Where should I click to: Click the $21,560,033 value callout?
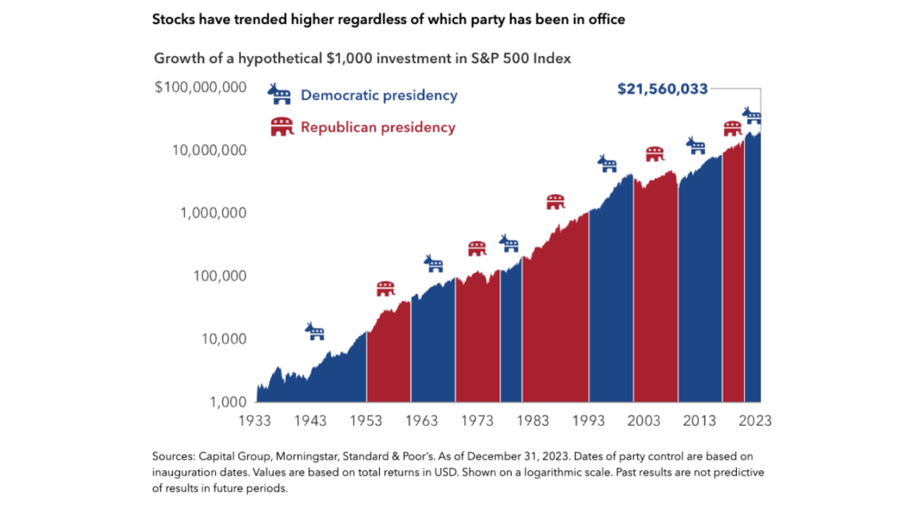pyautogui.click(x=663, y=89)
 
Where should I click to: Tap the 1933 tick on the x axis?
pyautogui.click(x=258, y=421)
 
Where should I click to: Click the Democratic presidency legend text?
pyautogui.click(x=379, y=95)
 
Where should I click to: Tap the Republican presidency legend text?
pyautogui.click(x=378, y=127)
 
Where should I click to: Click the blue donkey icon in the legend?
pyautogui.click(x=280, y=94)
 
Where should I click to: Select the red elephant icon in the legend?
pyautogui.click(x=282, y=127)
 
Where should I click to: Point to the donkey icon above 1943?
pyautogui.click(x=315, y=332)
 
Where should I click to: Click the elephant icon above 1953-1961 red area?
pyautogui.click(x=385, y=289)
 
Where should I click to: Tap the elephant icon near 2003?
pyautogui.click(x=655, y=154)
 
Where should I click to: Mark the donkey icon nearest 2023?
pyautogui.click(x=752, y=116)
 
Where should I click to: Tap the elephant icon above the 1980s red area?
pyautogui.click(x=555, y=202)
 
